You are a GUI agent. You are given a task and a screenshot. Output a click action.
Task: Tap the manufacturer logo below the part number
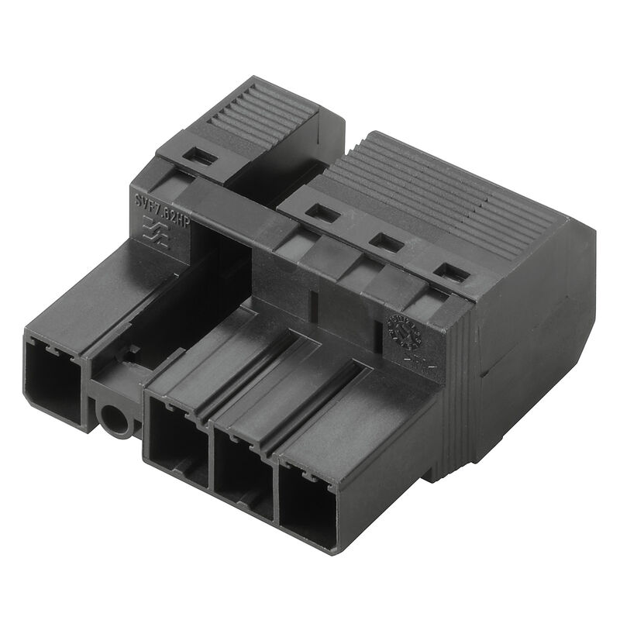pos(156,231)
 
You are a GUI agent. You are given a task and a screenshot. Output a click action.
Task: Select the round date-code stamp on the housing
pos(404,332)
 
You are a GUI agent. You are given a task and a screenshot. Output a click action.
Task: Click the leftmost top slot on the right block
pos(322,213)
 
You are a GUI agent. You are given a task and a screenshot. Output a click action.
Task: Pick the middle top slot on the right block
pos(386,243)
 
